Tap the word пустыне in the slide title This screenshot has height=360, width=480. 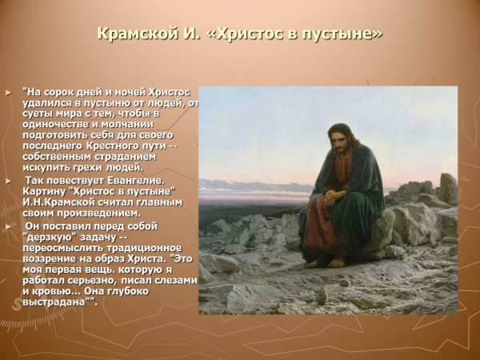pos(338,34)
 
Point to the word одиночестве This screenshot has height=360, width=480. pos(62,124)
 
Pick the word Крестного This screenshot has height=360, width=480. pos(102,146)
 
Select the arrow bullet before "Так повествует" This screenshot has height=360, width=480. pos(9,181)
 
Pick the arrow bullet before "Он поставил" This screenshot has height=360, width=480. pos(9,226)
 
